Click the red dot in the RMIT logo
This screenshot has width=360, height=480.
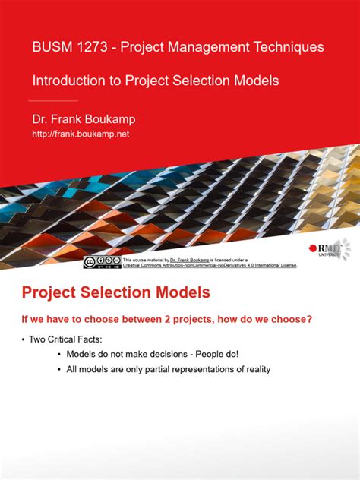pyautogui.click(x=314, y=248)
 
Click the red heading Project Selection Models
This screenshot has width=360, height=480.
pyautogui.click(x=115, y=292)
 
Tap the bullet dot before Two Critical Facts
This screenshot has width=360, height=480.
pyautogui.click(x=23, y=339)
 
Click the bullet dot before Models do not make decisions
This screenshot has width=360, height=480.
pyautogui.click(x=60, y=354)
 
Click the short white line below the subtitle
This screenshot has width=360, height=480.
pyautogui.click(x=54, y=100)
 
